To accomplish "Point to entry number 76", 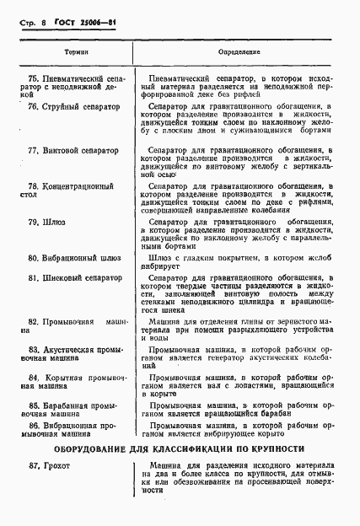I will [x=33, y=107].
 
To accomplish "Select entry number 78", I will [x=33, y=185].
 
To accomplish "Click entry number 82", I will [x=33, y=322].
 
